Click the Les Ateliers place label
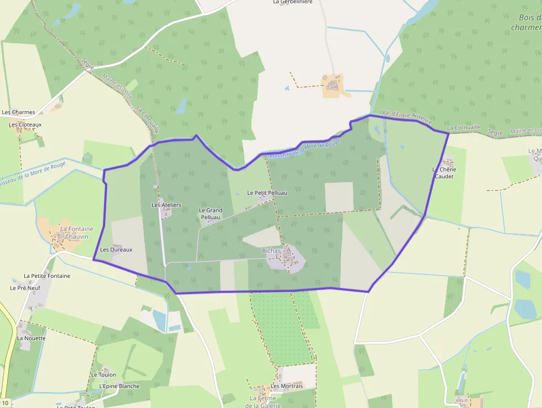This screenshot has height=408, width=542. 166,205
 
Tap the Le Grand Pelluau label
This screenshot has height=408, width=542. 210,214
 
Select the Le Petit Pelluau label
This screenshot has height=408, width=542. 267,193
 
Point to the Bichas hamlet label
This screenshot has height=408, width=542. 271,251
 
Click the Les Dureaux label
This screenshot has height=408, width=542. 116,250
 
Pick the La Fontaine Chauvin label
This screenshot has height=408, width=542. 76,233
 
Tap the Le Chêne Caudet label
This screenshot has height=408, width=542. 444,173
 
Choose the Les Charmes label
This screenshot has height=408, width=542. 18,112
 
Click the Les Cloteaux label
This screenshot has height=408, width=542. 25,125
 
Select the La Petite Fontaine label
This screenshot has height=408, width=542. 47,276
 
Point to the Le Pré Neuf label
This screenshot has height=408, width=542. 25,288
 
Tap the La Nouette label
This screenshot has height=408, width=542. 32,338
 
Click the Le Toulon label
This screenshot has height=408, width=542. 103,375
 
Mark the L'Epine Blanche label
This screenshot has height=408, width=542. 119,386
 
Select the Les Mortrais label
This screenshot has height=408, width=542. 287,386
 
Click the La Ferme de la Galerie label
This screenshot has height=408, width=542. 263,402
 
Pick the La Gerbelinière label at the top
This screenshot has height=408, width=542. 293,2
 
